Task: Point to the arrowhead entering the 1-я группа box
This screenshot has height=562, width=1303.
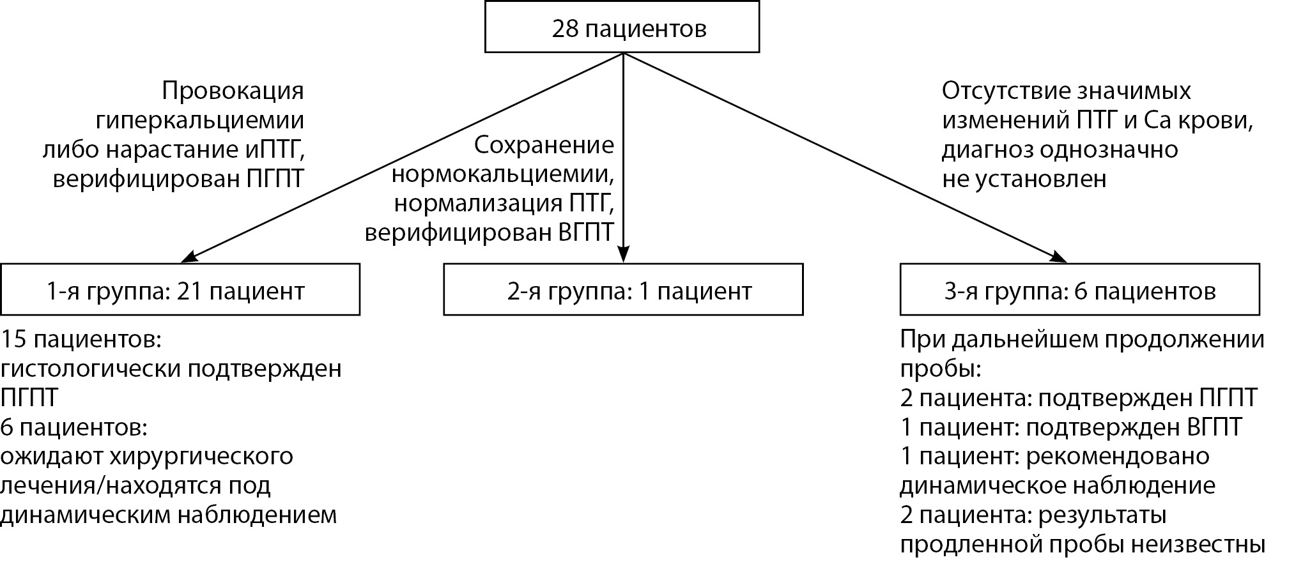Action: tap(190, 257)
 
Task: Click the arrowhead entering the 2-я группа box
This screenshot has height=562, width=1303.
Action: tap(623, 255)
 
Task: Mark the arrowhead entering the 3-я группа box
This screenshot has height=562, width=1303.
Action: tap(1058, 256)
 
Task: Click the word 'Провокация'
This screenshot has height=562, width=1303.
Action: tap(233, 91)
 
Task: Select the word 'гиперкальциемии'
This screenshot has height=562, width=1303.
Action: tap(199, 121)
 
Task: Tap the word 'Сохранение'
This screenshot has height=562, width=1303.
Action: tap(544, 146)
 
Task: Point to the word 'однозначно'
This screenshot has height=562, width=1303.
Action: tap(1109, 150)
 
